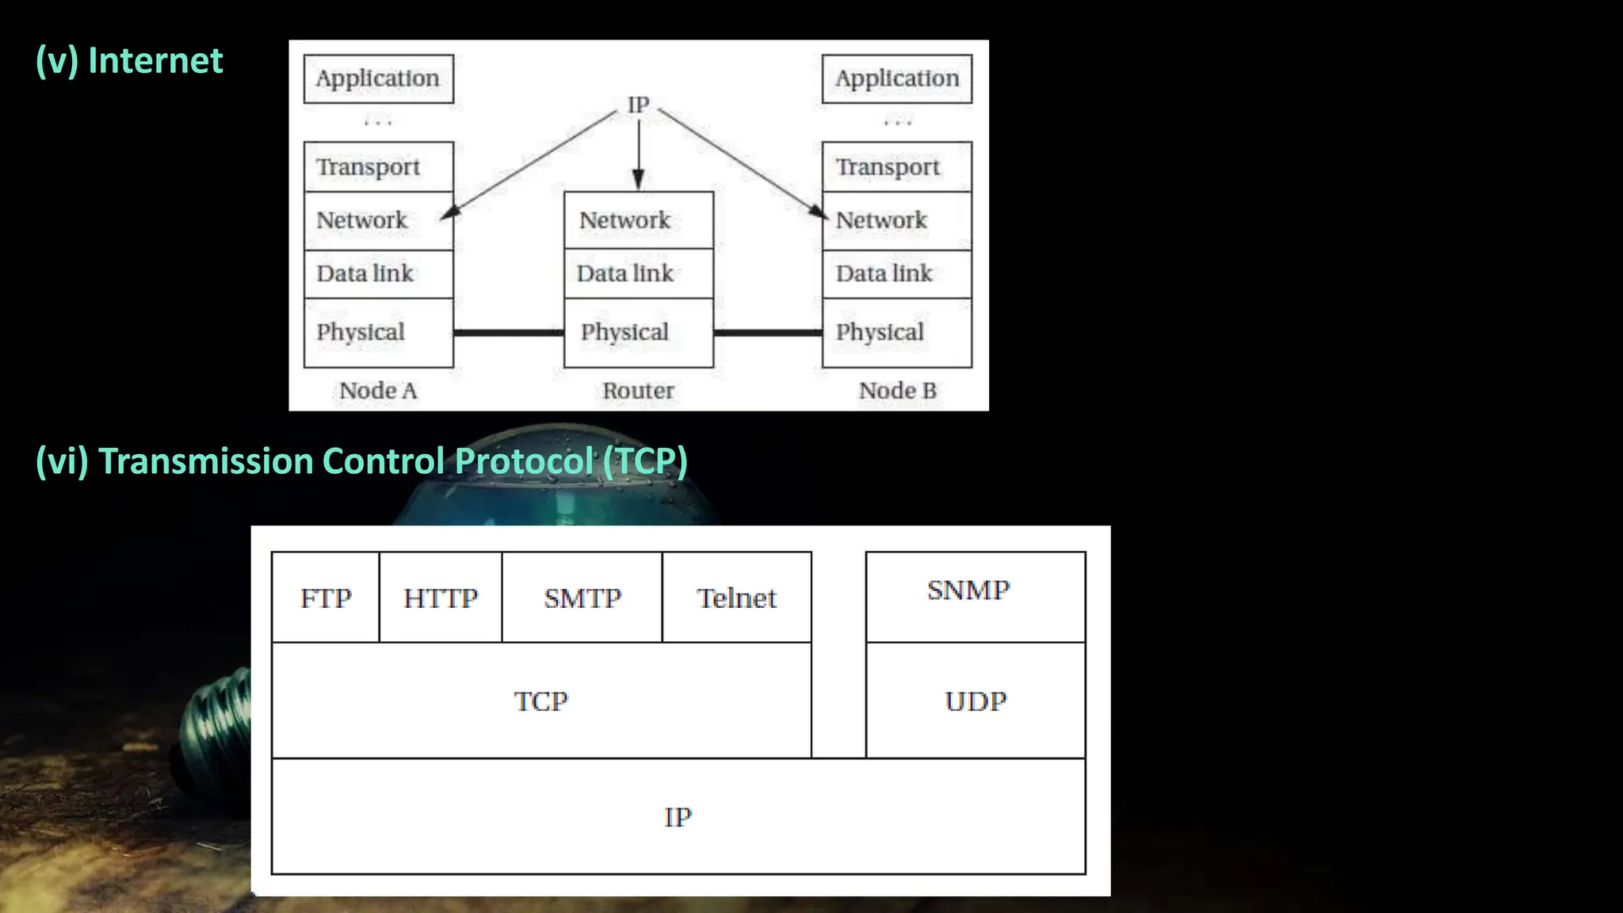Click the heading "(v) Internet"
click(x=129, y=61)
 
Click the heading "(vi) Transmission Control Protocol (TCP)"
click(x=361, y=461)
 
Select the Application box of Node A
click(x=378, y=78)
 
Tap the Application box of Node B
click(x=896, y=78)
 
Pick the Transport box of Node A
click(x=378, y=167)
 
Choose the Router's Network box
click(x=638, y=220)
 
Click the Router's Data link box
click(x=638, y=273)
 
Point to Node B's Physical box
click(x=896, y=332)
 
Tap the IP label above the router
click(x=638, y=105)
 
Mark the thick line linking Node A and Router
click(x=508, y=333)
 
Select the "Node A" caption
click(x=378, y=391)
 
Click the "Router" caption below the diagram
click(x=638, y=391)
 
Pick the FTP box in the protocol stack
click(x=326, y=598)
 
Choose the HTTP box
click(x=441, y=598)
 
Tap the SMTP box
click(x=582, y=598)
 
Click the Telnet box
click(x=736, y=598)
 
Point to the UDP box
click(x=975, y=701)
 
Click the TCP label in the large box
click(x=541, y=701)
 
